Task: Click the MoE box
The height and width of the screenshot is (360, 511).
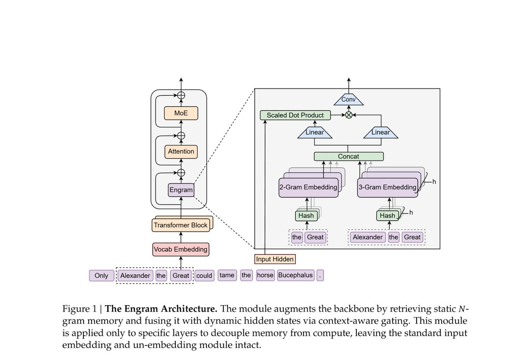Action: click(x=181, y=113)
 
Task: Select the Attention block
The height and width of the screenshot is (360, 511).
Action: click(x=181, y=151)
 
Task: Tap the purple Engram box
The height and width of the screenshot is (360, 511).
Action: click(x=181, y=190)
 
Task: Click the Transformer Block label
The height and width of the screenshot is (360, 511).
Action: click(x=181, y=225)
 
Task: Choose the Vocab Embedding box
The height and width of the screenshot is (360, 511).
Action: click(x=181, y=249)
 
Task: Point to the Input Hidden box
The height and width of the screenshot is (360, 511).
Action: click(x=275, y=259)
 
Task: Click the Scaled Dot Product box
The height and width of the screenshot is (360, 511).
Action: click(x=295, y=115)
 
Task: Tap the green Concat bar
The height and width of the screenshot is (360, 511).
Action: click(x=348, y=157)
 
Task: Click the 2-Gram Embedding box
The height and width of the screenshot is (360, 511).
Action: click(x=308, y=187)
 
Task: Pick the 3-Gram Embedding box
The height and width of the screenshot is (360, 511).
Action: click(x=387, y=187)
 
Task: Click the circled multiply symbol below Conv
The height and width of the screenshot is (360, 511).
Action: click(x=349, y=115)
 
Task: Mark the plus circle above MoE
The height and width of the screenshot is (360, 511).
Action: click(x=181, y=95)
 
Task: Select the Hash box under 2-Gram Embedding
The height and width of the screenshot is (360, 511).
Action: click(x=306, y=216)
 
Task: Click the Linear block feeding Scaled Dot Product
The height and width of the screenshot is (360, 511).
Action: click(x=315, y=133)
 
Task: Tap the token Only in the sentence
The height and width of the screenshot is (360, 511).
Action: click(x=101, y=276)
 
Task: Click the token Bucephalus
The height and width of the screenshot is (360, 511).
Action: click(x=296, y=275)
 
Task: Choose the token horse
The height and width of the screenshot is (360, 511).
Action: click(x=265, y=275)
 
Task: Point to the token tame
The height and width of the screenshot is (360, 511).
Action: click(x=227, y=275)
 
